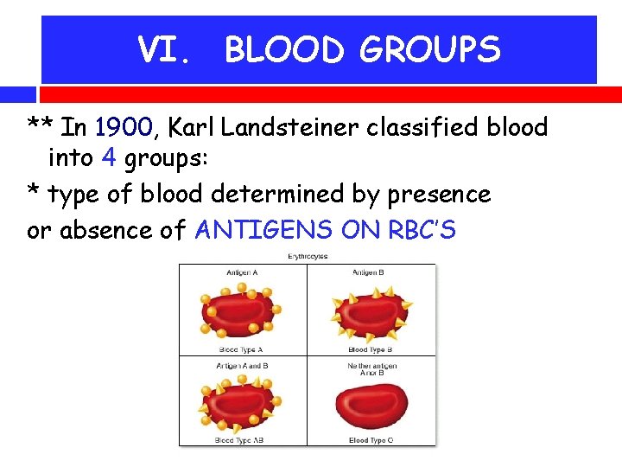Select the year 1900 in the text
[124, 128]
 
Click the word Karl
[194, 128]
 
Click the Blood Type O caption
[371, 439]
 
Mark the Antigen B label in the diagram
[371, 272]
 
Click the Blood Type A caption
[241, 349]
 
